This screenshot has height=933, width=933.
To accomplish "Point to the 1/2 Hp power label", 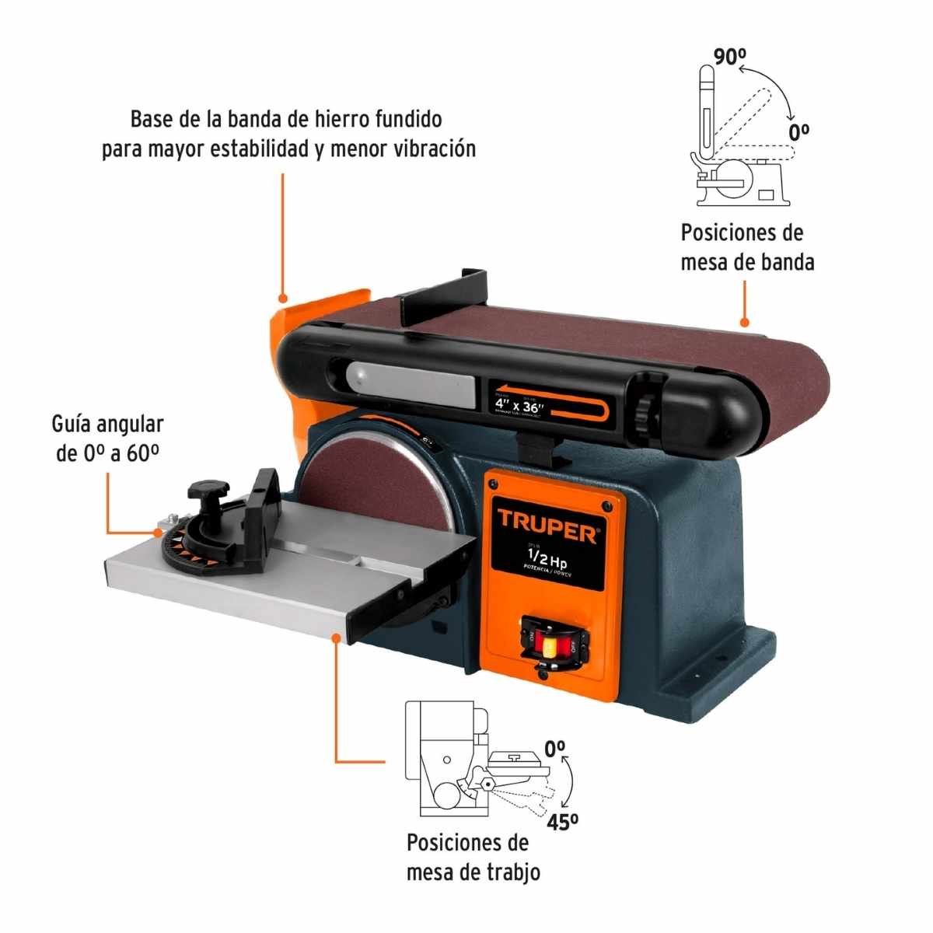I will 547,557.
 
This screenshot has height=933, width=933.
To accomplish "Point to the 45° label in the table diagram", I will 562,821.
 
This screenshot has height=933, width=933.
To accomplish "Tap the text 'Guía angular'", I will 107,424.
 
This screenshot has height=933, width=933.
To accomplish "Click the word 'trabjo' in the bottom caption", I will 510,872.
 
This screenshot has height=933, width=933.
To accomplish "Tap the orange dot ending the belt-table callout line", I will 744,321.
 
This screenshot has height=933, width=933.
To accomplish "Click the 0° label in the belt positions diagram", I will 799,131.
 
